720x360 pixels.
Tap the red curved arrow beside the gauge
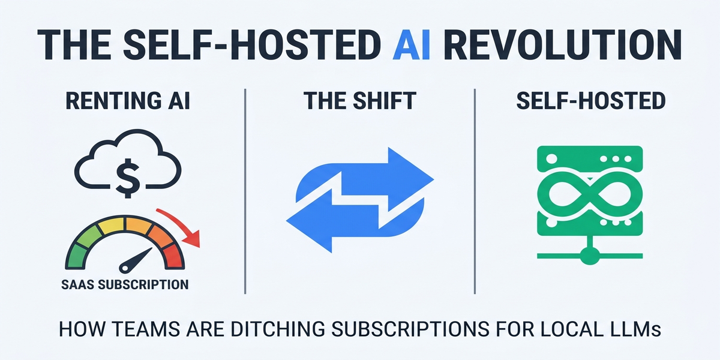(182, 228)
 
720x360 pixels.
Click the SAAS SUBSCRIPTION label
(125, 284)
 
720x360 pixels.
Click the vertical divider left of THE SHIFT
(245, 192)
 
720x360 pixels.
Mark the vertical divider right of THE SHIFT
(475, 192)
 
